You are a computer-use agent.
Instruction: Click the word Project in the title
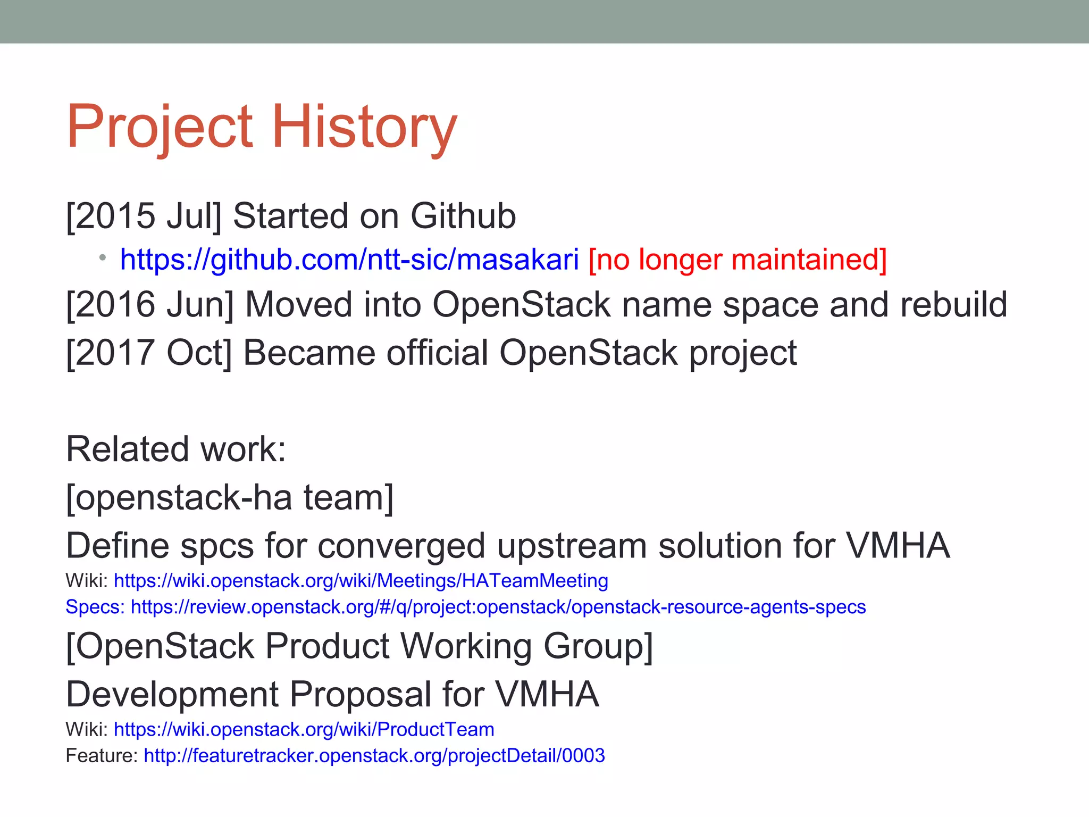click(160, 127)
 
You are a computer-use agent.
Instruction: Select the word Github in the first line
click(463, 216)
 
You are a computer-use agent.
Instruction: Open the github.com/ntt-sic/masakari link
click(349, 260)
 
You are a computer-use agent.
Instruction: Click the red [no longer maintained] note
click(738, 260)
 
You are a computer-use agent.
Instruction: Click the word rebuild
click(953, 304)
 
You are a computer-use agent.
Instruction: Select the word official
click(437, 353)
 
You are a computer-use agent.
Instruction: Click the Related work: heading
click(176, 449)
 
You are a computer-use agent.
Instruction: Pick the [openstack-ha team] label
click(230, 497)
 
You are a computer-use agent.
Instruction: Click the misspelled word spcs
click(216, 546)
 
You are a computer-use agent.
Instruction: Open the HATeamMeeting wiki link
click(361, 580)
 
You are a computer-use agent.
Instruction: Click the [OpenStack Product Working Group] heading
click(359, 646)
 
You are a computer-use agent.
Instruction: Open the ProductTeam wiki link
click(304, 729)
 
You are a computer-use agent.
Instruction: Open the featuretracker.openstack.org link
click(374, 756)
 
